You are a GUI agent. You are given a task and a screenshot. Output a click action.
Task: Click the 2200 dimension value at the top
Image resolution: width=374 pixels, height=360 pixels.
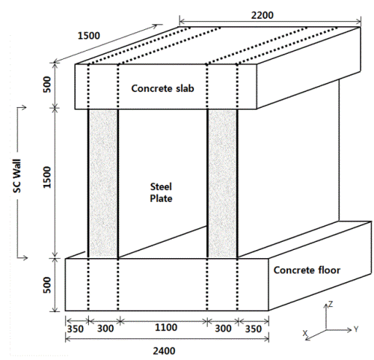262,15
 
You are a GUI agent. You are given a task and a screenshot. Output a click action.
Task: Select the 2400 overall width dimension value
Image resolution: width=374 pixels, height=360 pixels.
164,351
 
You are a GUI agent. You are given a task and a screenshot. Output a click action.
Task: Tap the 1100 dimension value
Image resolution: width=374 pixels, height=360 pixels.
166,327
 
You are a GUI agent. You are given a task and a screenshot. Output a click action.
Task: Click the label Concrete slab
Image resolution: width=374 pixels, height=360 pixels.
162,88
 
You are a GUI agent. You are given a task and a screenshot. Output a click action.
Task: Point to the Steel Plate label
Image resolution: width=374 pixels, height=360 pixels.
161,192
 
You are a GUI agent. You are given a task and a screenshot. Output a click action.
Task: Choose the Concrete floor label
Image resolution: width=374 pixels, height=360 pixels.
307,270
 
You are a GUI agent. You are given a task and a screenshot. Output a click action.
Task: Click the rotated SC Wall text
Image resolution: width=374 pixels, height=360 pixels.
17,176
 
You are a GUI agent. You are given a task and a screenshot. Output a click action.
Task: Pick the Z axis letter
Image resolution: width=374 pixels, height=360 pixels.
331,304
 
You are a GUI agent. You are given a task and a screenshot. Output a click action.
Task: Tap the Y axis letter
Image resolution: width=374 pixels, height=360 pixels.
356,329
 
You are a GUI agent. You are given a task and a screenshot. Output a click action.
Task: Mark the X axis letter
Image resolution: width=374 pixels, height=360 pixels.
305,333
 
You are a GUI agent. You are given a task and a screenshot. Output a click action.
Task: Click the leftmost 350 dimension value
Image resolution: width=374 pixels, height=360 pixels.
76,329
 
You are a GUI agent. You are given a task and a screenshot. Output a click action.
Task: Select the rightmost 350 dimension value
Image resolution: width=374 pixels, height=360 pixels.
254,329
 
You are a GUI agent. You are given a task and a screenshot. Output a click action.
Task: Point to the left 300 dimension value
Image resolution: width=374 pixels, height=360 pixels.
105,329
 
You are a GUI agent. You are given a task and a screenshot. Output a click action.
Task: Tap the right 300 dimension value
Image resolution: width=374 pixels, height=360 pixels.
223,329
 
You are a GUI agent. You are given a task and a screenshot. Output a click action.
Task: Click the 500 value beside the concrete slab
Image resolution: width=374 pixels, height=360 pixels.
46,85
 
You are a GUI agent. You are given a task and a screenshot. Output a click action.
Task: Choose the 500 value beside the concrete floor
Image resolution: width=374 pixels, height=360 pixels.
46,284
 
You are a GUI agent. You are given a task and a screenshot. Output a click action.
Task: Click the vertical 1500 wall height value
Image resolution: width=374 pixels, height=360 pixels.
46,177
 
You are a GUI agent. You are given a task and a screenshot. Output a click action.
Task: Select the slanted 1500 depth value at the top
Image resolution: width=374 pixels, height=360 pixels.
89,36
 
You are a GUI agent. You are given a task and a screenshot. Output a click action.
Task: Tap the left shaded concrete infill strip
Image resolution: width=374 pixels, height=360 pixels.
103,183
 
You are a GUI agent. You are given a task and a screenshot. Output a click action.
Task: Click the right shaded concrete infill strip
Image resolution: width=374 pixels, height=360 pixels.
222,183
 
